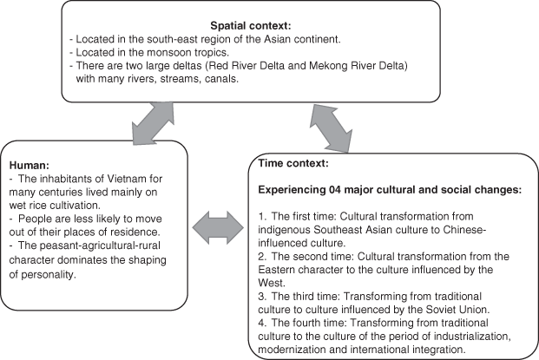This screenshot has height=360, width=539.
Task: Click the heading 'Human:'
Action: pyautogui.click(x=30, y=164)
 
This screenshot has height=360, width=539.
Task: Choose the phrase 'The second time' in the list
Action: pyautogui.click(x=310, y=255)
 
